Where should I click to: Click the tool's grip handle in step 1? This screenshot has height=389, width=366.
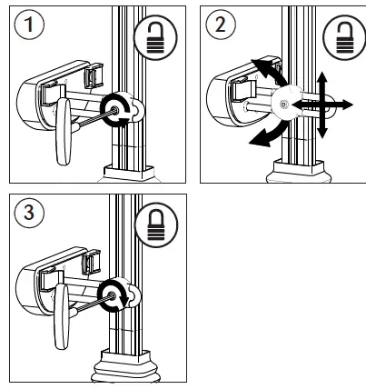(x=61, y=131)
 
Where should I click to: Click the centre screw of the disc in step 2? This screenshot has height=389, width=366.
(x=285, y=106)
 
